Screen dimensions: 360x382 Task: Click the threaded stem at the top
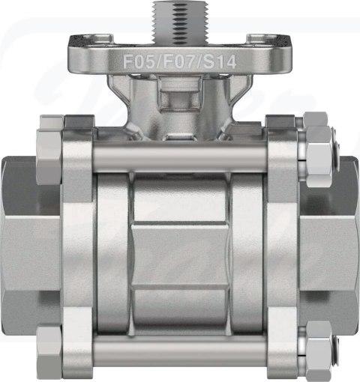click(166, 19)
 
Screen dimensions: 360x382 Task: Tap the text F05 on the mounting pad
click(139, 61)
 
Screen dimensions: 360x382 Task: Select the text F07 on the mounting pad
click(178, 61)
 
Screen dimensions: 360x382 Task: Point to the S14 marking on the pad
click(219, 61)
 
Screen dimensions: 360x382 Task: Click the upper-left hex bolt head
click(49, 157)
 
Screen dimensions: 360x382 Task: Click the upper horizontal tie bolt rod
click(179, 157)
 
